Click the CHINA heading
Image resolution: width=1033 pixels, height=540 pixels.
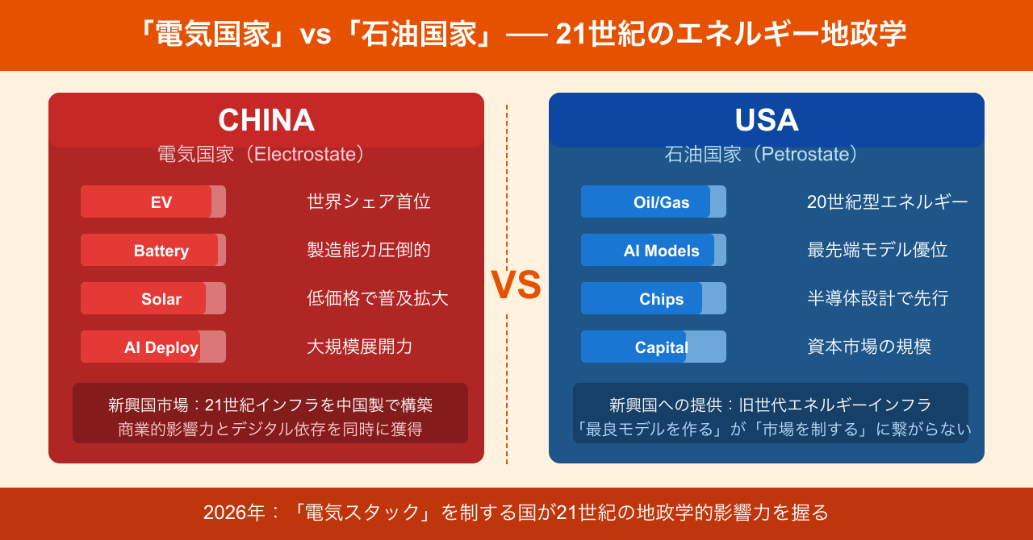click(266, 120)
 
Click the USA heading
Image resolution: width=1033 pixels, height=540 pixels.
click(767, 120)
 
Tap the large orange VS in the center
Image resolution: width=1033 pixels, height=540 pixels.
click(516, 285)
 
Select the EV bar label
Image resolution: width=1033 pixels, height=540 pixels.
click(161, 202)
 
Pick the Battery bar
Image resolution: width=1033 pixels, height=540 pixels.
click(153, 250)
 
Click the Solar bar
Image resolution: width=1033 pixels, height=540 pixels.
click(153, 298)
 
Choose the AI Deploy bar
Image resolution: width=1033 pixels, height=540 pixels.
click(153, 347)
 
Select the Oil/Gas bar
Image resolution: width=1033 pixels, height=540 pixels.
click(654, 201)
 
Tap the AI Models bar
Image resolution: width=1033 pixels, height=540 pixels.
click(654, 250)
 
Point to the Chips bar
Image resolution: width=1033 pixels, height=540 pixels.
click(654, 298)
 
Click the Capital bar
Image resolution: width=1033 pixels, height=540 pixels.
click(654, 347)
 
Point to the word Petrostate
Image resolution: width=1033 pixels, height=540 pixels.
click(805, 155)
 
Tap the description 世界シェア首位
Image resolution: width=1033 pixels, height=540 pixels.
click(369, 201)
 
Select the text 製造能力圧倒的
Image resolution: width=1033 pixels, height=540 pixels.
click(369, 250)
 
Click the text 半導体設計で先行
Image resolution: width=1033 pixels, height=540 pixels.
click(877, 298)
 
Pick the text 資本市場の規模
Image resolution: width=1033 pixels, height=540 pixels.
click(869, 347)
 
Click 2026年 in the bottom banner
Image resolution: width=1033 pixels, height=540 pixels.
click(234, 513)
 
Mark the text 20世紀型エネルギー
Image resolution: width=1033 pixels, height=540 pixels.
click(887, 201)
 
